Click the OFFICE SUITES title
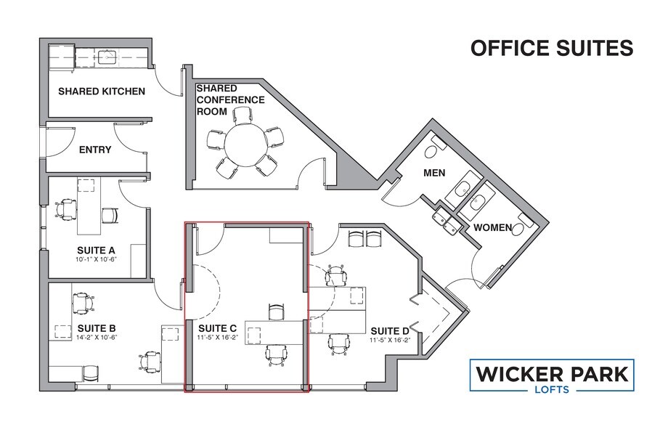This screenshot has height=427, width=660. pyautogui.click(x=552, y=48)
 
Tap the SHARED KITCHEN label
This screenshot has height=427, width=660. pyautogui.click(x=102, y=91)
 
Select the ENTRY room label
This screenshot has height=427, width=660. pyautogui.click(x=94, y=150)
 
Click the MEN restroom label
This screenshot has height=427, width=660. pyautogui.click(x=434, y=173)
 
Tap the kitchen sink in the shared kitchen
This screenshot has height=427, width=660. pyautogui.click(x=107, y=56)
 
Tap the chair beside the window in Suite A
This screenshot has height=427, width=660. pyautogui.click(x=67, y=209)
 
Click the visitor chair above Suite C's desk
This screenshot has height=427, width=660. pyautogui.click(x=277, y=311)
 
